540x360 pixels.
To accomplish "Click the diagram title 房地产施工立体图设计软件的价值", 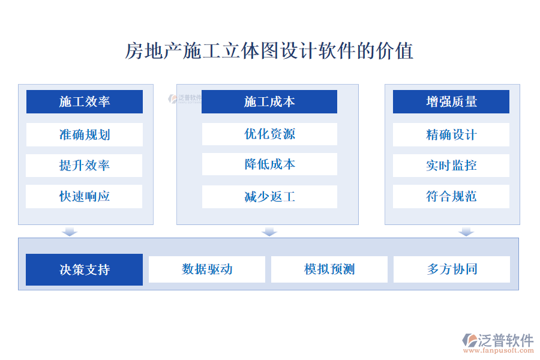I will (269, 51).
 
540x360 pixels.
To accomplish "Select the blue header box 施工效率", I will (85, 101).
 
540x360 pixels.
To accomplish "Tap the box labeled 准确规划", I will (85, 134).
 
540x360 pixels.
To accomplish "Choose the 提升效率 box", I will (85, 166).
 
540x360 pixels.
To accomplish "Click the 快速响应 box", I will (85, 196).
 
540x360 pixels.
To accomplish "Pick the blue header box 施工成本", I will (269, 101).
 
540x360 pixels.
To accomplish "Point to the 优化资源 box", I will (269, 134).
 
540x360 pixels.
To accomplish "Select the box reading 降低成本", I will (269, 164).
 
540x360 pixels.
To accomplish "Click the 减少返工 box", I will (269, 197).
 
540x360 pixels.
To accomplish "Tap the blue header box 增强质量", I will (451, 101).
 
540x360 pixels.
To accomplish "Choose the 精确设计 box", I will (451, 134).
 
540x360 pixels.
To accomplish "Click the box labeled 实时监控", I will (451, 166).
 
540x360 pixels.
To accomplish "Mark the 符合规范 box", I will (451, 196).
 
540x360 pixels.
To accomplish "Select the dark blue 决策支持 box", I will (85, 269).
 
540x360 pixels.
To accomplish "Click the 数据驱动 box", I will (207, 269).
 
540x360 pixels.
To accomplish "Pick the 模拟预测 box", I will (329, 269).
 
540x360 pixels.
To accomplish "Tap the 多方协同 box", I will (452, 269).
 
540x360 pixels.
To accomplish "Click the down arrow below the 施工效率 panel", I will (70, 232).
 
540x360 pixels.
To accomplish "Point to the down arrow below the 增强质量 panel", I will (466, 232).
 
